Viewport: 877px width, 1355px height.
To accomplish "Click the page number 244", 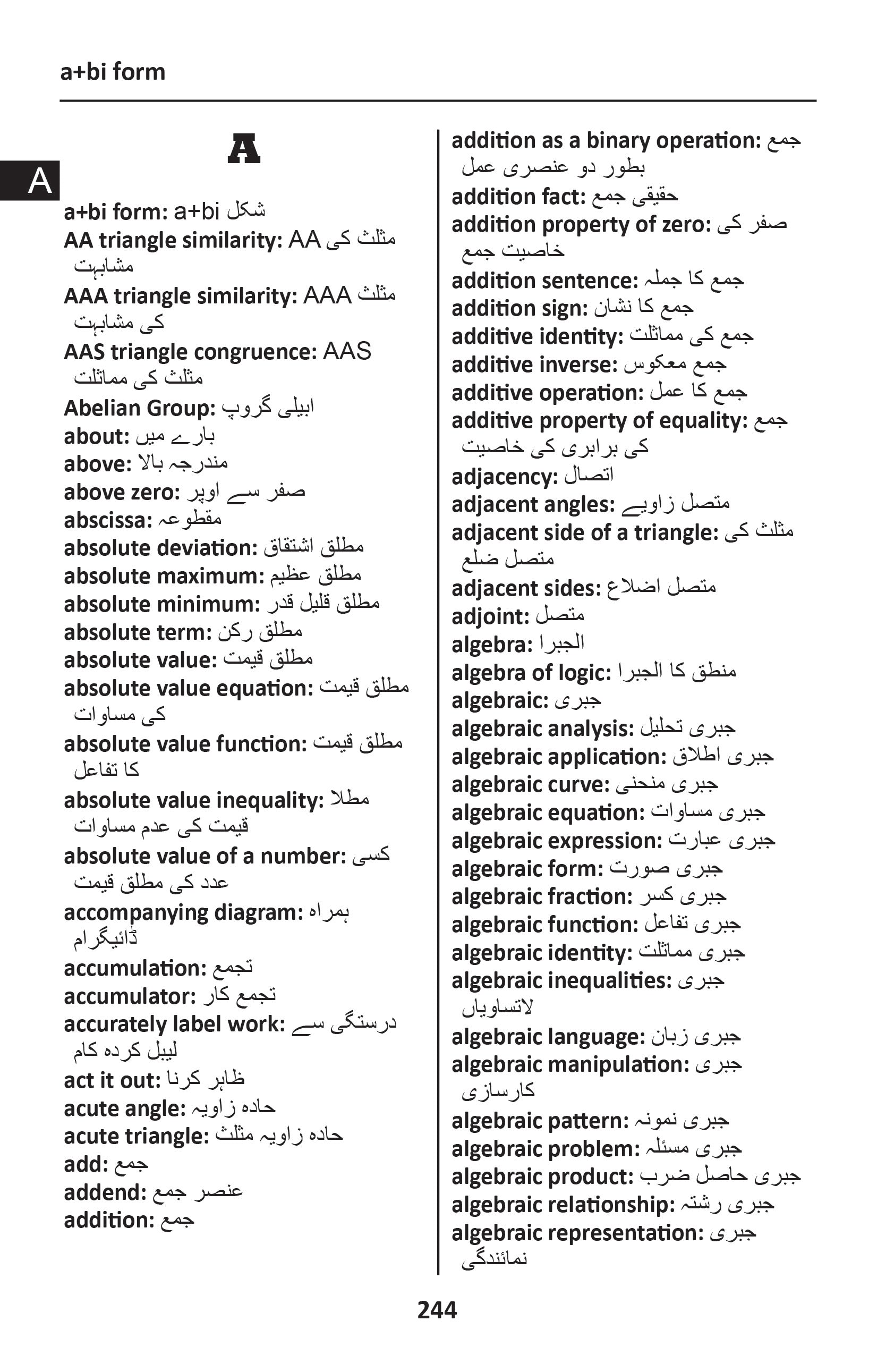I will point(437,1310).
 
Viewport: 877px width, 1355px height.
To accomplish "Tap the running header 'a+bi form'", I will point(113,72).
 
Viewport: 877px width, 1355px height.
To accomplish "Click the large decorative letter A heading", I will point(244,149).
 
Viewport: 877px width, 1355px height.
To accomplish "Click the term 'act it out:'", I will point(112,1080).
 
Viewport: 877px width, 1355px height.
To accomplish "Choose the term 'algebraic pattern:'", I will point(540,1121).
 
